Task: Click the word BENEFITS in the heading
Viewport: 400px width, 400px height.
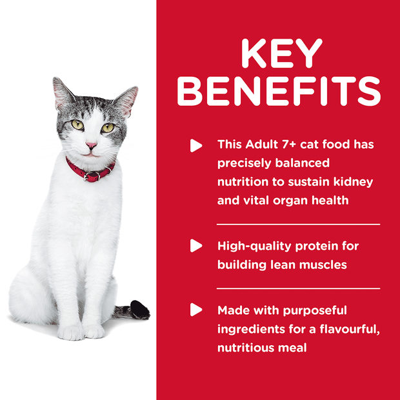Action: click(x=279, y=92)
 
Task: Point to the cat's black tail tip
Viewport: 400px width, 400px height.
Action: click(x=140, y=310)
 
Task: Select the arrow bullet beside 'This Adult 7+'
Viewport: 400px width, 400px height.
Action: click(x=196, y=145)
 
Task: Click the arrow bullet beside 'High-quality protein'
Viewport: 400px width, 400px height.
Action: click(x=196, y=246)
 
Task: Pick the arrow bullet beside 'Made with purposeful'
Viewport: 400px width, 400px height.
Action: click(x=196, y=310)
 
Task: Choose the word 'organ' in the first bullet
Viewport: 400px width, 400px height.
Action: click(x=295, y=200)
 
